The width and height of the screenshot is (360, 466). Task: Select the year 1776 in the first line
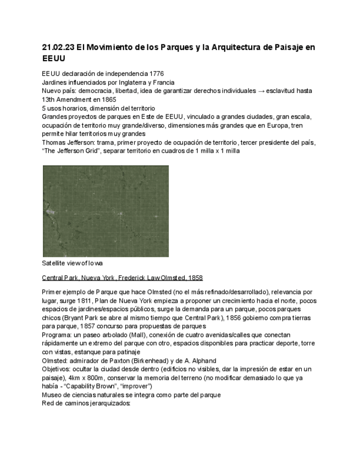[156, 74]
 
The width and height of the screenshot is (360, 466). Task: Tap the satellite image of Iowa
[106, 211]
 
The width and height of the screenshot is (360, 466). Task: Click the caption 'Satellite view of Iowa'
[72, 263]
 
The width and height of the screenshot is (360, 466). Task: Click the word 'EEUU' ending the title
[54, 58]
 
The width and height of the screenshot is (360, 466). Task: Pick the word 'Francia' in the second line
[163, 82]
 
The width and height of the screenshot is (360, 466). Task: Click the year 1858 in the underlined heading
[195, 278]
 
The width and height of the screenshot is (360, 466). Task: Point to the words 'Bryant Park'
[81, 318]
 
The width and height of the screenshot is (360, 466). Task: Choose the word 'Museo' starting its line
[53, 395]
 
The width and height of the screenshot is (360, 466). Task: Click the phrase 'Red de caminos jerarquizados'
[86, 403]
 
